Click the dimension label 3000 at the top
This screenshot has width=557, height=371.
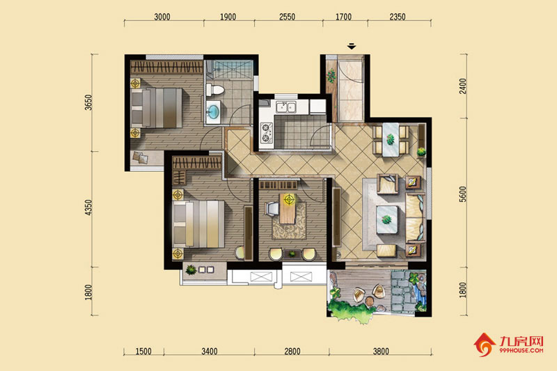[162, 17]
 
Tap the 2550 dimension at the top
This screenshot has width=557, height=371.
[287, 17]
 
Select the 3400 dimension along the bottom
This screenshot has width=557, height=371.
[210, 351]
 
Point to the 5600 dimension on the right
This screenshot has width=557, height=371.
[462, 194]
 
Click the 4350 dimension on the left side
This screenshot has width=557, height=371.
[88, 207]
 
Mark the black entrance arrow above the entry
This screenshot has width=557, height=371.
[352, 46]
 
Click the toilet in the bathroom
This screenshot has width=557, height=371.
[215, 90]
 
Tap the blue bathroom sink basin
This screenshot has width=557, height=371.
[214, 111]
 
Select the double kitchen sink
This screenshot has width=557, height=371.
[286, 106]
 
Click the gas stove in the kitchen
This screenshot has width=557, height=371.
[266, 133]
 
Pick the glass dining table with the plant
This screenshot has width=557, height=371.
[391, 139]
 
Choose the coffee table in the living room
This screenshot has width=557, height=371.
[387, 219]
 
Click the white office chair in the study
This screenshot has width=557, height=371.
[272, 209]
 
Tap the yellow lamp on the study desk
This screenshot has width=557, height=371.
[289, 199]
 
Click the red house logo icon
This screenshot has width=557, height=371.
[484, 345]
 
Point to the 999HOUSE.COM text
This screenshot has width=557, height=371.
[521, 350]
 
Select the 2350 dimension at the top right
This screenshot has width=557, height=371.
[397, 17]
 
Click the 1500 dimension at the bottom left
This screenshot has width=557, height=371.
[143, 351]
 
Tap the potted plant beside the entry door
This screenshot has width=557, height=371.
[331, 76]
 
